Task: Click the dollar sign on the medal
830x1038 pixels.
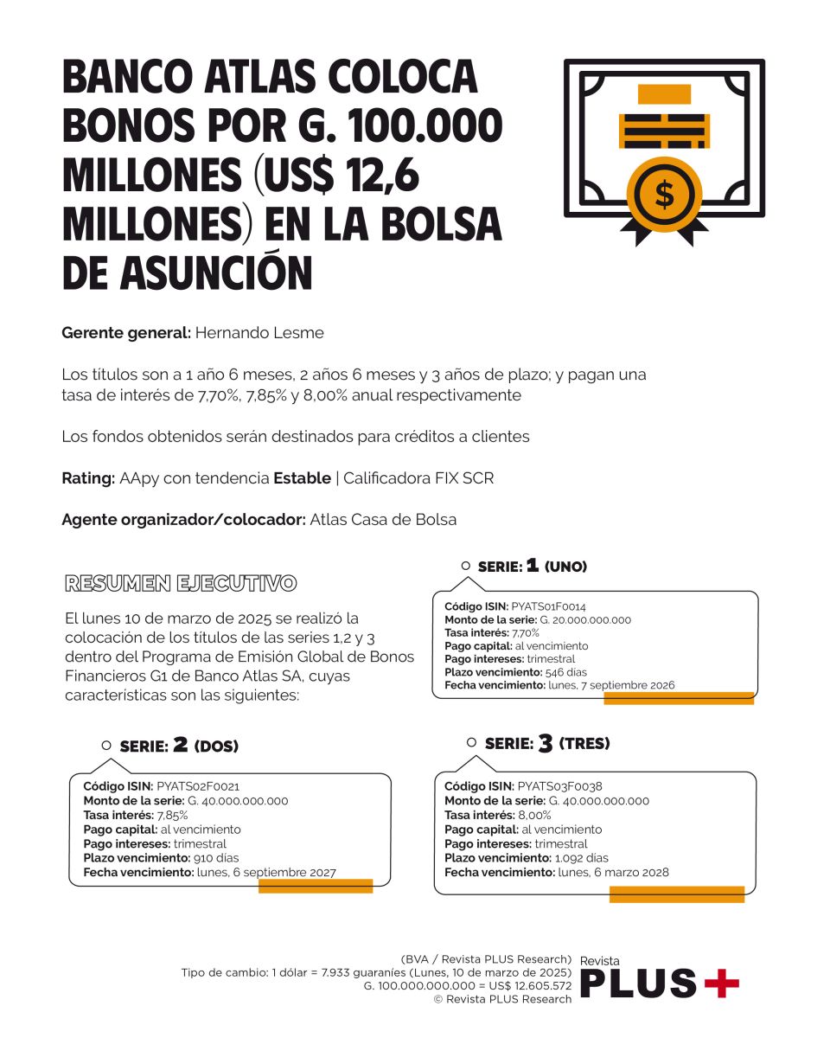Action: tap(664, 195)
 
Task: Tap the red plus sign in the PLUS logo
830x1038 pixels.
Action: tap(721, 983)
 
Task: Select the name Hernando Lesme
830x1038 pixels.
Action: tap(259, 333)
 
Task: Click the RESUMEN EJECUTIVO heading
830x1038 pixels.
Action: tap(181, 583)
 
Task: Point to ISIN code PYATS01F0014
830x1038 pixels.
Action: tap(548, 607)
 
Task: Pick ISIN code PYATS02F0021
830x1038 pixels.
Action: tap(198, 786)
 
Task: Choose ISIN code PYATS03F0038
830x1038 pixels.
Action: tap(559, 786)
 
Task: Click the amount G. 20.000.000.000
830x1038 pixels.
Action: tap(585, 620)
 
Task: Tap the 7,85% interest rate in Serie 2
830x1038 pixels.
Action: tap(172, 815)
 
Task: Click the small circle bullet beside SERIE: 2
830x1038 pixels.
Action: tap(106, 745)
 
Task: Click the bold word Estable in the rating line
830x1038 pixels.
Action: tap(302, 478)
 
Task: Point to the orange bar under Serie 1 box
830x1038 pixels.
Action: tap(679, 699)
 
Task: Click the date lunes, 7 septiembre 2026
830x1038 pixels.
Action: tap(611, 685)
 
